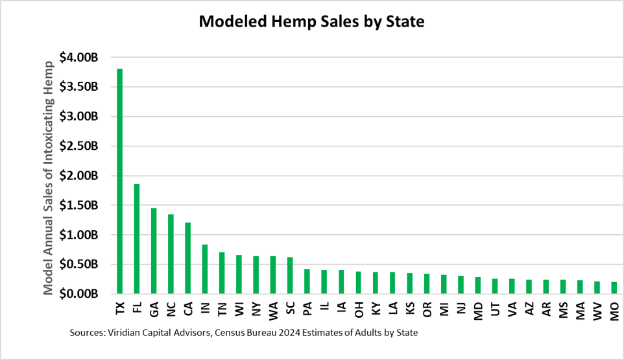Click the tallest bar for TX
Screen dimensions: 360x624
(x=119, y=181)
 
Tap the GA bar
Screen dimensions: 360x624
(x=154, y=251)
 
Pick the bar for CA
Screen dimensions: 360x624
(x=187, y=258)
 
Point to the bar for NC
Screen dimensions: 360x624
(x=171, y=254)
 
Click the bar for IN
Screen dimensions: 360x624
(x=204, y=269)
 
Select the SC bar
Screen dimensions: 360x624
(x=290, y=276)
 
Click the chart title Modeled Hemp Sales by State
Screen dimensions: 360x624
(x=311, y=22)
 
